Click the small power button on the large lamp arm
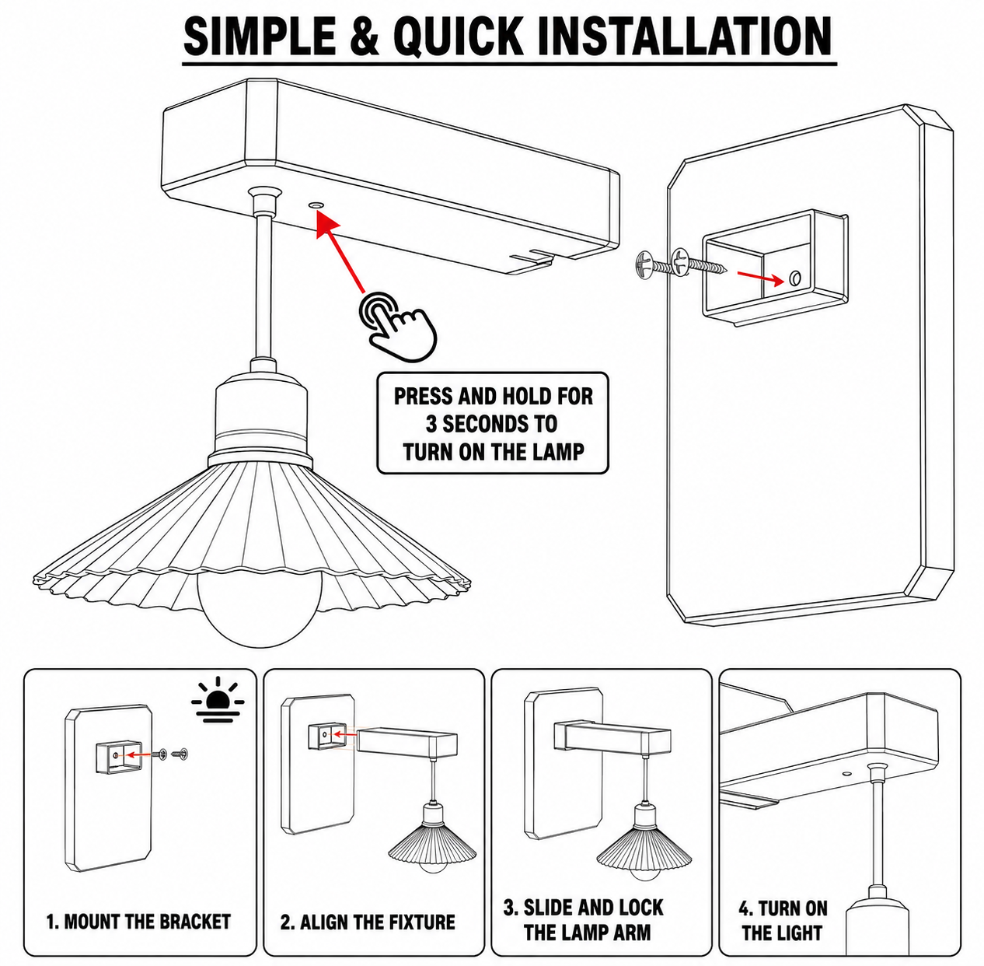point(316,205)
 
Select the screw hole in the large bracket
point(794,278)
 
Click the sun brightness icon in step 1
point(218,699)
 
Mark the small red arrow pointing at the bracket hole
point(760,278)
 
